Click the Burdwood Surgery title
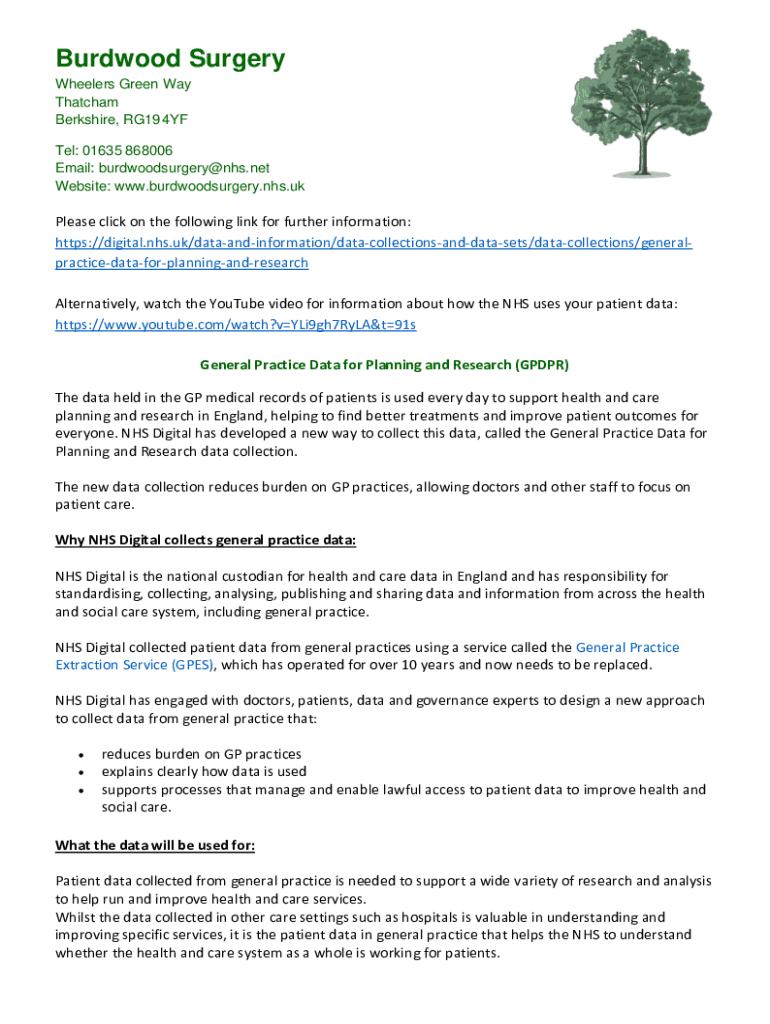(170, 59)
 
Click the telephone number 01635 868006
(129, 150)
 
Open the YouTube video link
(235, 325)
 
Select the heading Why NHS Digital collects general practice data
(205, 541)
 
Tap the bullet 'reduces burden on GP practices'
(201, 754)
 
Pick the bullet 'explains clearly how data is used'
(204, 772)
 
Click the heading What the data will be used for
(155, 845)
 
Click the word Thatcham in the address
(87, 102)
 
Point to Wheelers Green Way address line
(123, 84)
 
